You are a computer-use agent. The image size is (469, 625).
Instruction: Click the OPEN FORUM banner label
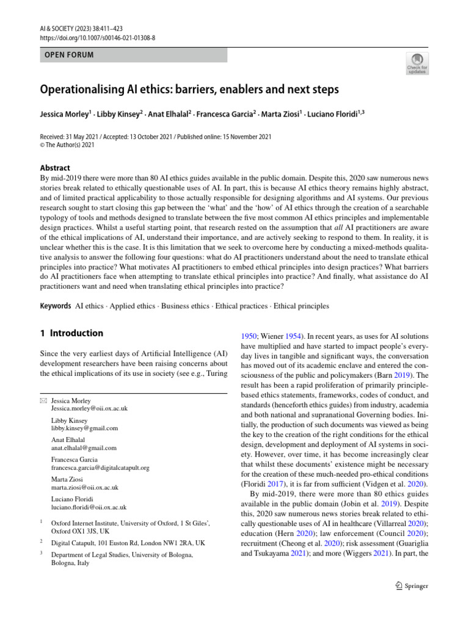(x=70, y=55)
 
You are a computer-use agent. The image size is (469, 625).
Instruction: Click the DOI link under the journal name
(x=98, y=37)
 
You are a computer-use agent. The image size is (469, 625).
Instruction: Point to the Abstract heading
(x=55, y=168)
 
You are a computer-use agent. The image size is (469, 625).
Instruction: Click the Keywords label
(x=56, y=306)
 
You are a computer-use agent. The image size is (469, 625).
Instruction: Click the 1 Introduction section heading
(x=71, y=333)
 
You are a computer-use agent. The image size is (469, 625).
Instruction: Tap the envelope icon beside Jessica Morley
(x=43, y=400)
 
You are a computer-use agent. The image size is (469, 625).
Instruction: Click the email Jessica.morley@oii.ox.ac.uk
(x=89, y=408)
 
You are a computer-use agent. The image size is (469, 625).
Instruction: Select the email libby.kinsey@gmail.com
(x=84, y=428)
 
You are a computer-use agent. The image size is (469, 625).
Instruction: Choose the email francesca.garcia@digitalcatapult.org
(x=100, y=468)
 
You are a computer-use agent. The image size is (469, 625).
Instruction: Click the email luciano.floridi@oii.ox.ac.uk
(x=89, y=507)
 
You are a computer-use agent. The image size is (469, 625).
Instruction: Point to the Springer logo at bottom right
(x=409, y=586)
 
